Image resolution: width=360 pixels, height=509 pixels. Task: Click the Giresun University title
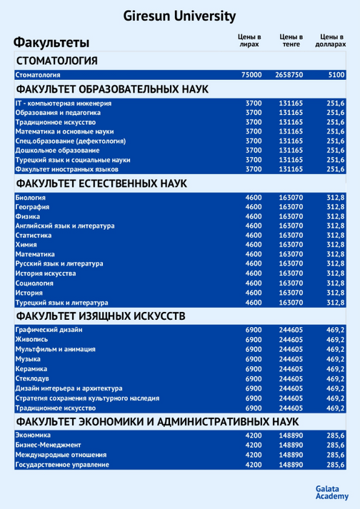tap(179, 16)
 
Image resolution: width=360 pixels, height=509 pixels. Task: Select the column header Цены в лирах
tap(249, 40)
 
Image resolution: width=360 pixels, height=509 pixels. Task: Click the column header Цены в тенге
tap(291, 40)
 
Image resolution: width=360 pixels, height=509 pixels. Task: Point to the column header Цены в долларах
tap(331, 40)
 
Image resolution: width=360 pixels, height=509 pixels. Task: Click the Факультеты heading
tap(51, 41)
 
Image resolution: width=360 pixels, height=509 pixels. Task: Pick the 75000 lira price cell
tap(252, 75)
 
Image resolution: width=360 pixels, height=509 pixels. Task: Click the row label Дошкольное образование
tap(57, 151)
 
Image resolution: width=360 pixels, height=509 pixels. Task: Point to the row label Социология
tap(34, 283)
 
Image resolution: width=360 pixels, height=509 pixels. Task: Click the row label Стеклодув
tap(32, 379)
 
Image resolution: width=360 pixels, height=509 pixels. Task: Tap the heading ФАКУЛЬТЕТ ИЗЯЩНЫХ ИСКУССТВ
tap(100, 315)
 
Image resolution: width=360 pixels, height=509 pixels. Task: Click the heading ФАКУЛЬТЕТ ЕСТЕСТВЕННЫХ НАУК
tap(101, 183)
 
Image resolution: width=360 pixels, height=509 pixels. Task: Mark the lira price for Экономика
tap(254, 435)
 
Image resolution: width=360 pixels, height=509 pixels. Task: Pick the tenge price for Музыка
tap(291, 360)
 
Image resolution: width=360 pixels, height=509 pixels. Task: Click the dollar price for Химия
tap(335, 245)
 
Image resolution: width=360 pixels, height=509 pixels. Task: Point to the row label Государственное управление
tap(62, 465)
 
